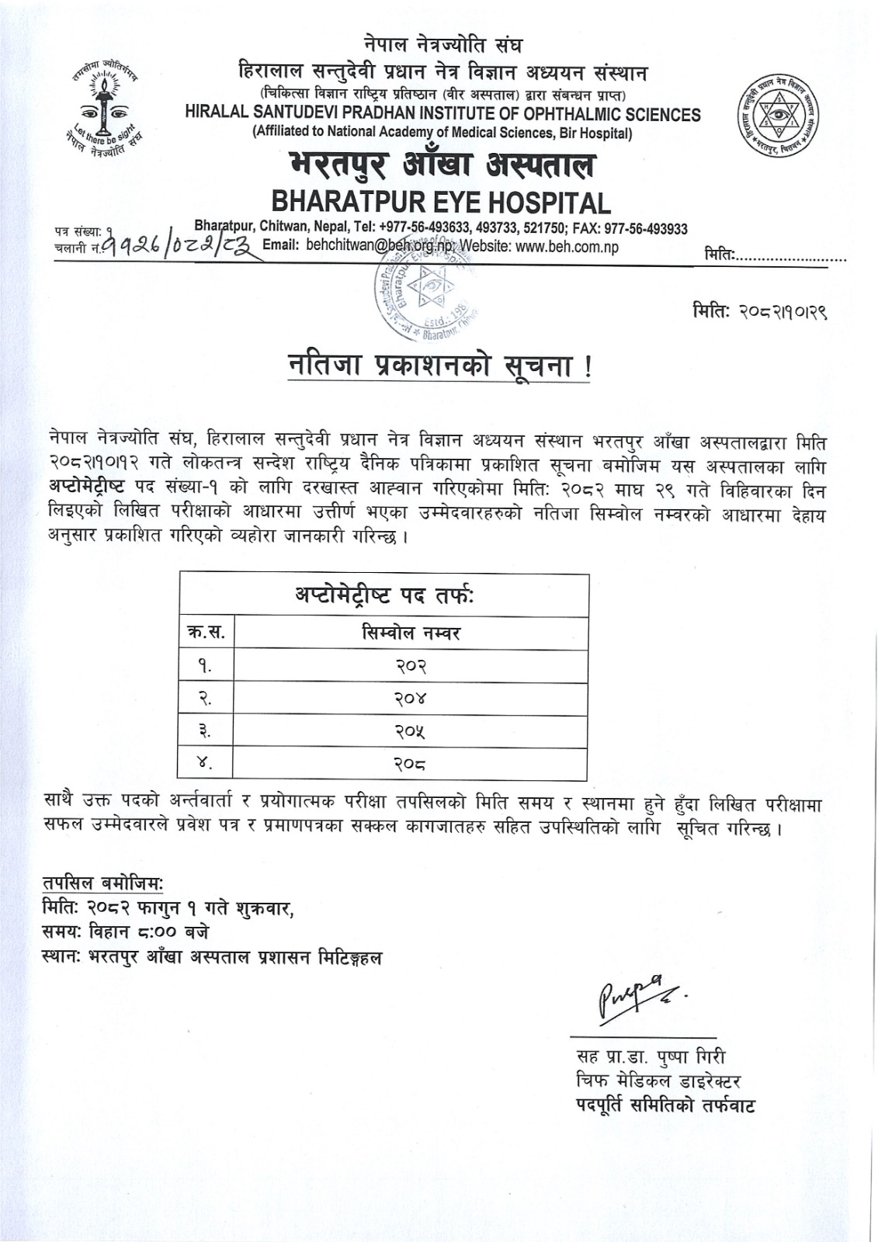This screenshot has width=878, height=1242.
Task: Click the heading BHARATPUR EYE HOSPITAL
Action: (x=441, y=203)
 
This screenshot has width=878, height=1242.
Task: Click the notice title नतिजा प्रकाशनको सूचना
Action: (x=439, y=366)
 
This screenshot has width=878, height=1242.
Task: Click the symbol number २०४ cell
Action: (x=411, y=699)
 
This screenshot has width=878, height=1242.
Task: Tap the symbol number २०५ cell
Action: (x=411, y=731)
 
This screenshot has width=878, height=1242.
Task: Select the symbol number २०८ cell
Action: (x=411, y=764)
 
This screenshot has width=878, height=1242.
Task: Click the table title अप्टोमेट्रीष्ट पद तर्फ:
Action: (x=383, y=595)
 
